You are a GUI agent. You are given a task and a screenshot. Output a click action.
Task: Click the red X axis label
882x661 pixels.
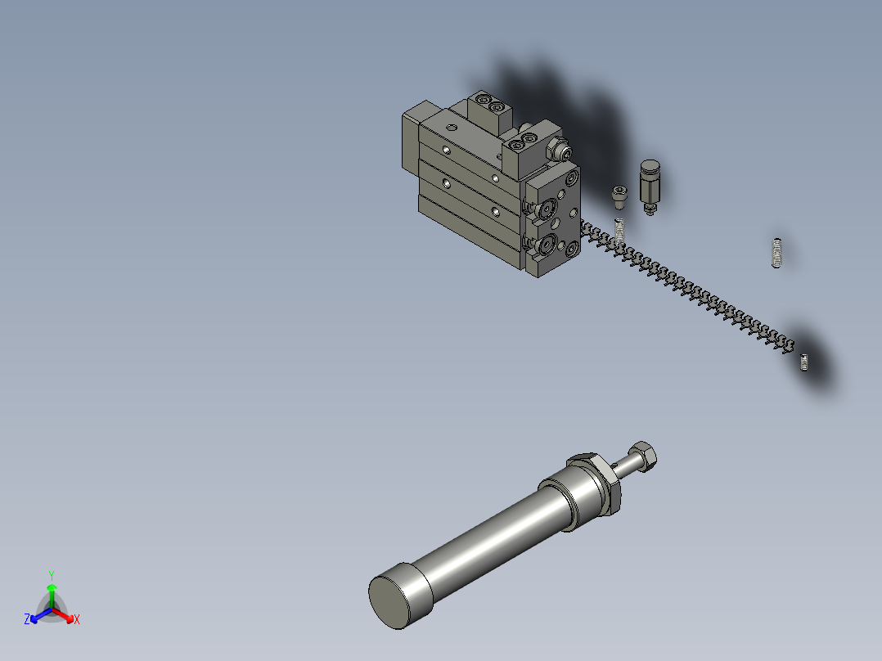pos(77,619)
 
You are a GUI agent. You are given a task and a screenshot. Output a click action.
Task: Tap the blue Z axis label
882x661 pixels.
pos(27,618)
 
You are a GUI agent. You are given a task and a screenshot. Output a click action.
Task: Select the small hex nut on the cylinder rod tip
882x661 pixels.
pos(644,456)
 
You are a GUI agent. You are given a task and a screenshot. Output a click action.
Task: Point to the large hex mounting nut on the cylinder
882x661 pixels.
pos(597,483)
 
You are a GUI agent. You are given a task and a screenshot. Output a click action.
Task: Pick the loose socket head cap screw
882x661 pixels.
pos(619,197)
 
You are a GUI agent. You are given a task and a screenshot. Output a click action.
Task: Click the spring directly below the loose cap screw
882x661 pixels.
pos(619,232)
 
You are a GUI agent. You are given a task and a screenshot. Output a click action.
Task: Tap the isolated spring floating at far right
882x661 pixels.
pos(776,253)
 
